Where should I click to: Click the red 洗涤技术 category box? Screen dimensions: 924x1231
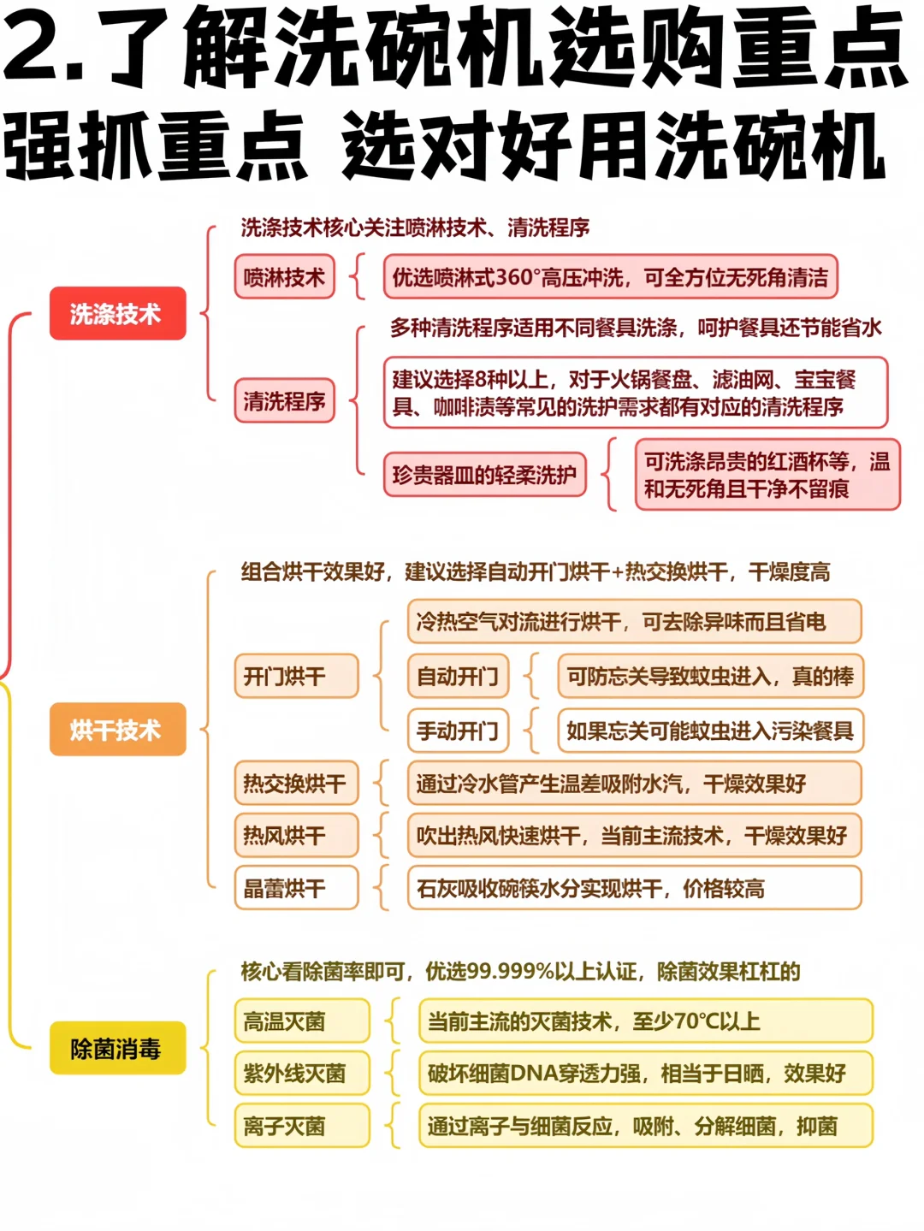[x=117, y=314]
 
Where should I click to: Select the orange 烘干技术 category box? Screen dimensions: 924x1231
[x=117, y=730]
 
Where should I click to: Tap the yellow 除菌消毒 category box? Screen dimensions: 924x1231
[x=117, y=1048]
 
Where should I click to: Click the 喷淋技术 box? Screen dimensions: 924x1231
[x=284, y=277]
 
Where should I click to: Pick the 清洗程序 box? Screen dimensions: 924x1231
[x=284, y=400]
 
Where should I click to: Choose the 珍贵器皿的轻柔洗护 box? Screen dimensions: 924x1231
[x=484, y=475]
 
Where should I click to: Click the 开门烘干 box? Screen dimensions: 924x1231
[x=296, y=677]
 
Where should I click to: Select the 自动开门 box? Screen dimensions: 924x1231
[x=458, y=677]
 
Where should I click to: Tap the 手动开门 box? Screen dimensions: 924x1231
[x=458, y=731]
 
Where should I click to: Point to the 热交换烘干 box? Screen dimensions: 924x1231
[x=296, y=783]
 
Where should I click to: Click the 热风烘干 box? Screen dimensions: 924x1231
[x=296, y=835]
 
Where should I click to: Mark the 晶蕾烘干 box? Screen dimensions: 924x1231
[x=296, y=888]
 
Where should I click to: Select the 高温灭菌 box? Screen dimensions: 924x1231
[x=301, y=1021]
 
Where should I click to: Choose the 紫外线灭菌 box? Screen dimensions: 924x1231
[x=301, y=1074]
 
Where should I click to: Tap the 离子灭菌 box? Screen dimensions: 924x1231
[x=301, y=1126]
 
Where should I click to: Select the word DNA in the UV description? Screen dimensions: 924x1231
[x=533, y=1074]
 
